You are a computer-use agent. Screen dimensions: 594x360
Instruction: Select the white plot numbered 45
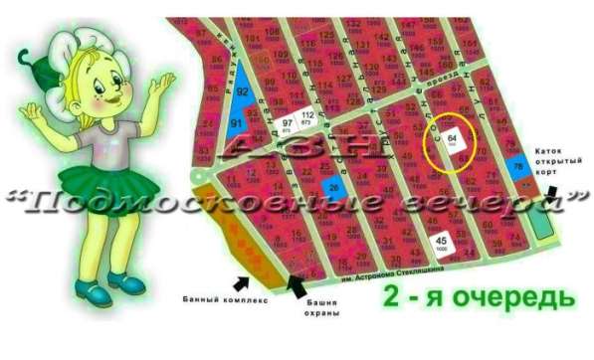click(x=441, y=241)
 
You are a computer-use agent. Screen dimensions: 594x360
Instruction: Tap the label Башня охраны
click(x=321, y=306)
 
